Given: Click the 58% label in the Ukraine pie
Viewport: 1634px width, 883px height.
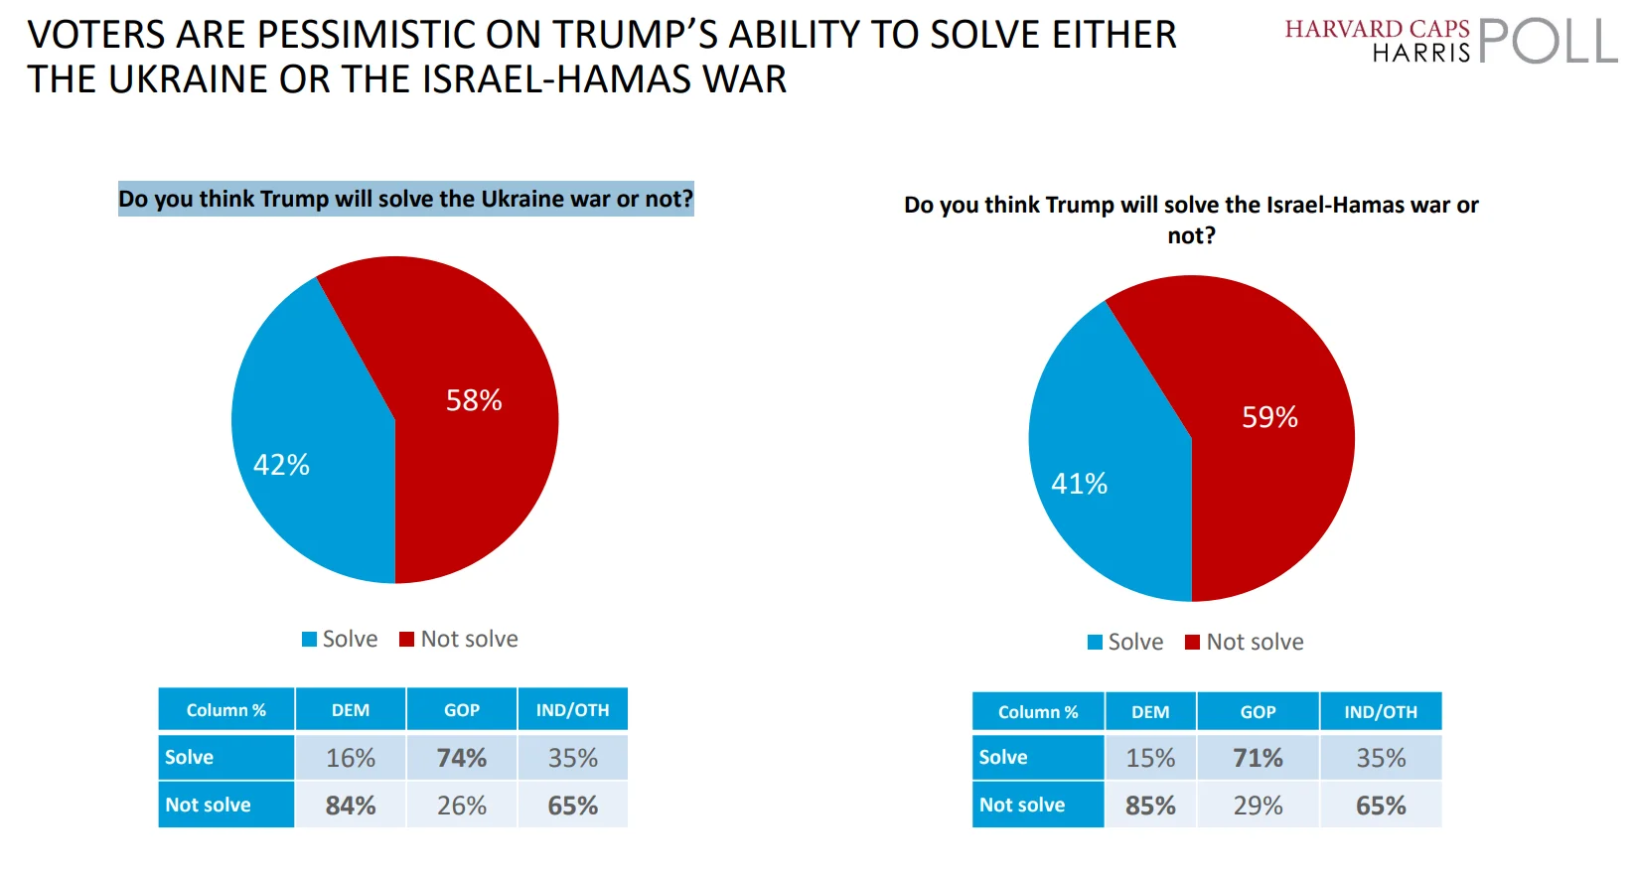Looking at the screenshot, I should click(474, 400).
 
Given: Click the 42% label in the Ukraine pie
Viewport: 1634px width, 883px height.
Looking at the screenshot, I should click(281, 465).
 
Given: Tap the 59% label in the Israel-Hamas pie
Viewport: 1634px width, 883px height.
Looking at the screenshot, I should click(1269, 417).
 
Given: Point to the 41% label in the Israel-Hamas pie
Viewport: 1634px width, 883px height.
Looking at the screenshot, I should click(1079, 484).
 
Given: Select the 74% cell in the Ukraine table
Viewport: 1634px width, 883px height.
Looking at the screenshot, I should click(462, 758).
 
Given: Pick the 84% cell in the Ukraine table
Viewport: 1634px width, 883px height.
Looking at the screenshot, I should click(351, 806).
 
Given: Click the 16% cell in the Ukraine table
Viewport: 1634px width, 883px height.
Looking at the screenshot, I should click(351, 758).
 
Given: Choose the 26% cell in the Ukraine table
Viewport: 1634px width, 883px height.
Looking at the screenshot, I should click(462, 806).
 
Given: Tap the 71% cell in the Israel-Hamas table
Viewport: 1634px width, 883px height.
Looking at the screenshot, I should click(1258, 758).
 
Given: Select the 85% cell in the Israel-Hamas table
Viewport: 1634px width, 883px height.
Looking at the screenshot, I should click(1150, 806).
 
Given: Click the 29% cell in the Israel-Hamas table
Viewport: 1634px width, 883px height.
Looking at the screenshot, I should click(1258, 806).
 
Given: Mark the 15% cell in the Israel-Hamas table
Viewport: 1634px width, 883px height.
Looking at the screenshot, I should click(1150, 758).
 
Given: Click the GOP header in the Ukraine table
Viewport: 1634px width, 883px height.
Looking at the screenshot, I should click(462, 710).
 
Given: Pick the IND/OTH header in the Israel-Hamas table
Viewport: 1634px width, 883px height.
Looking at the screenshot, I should click(1381, 712).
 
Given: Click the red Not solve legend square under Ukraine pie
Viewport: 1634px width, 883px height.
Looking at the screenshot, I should click(406, 640).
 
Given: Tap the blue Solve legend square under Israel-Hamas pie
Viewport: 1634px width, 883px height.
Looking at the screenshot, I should click(1095, 643).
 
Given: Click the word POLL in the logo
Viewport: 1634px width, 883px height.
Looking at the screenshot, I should click(1547, 42).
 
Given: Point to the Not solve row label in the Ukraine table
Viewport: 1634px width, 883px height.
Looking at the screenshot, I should click(209, 805).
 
